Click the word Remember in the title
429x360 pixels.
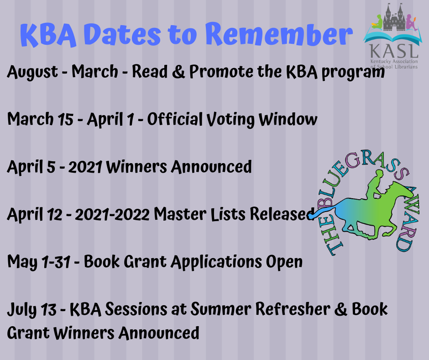[x=278, y=35]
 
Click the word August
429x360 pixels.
[x=32, y=72]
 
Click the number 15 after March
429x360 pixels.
[x=64, y=120]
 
